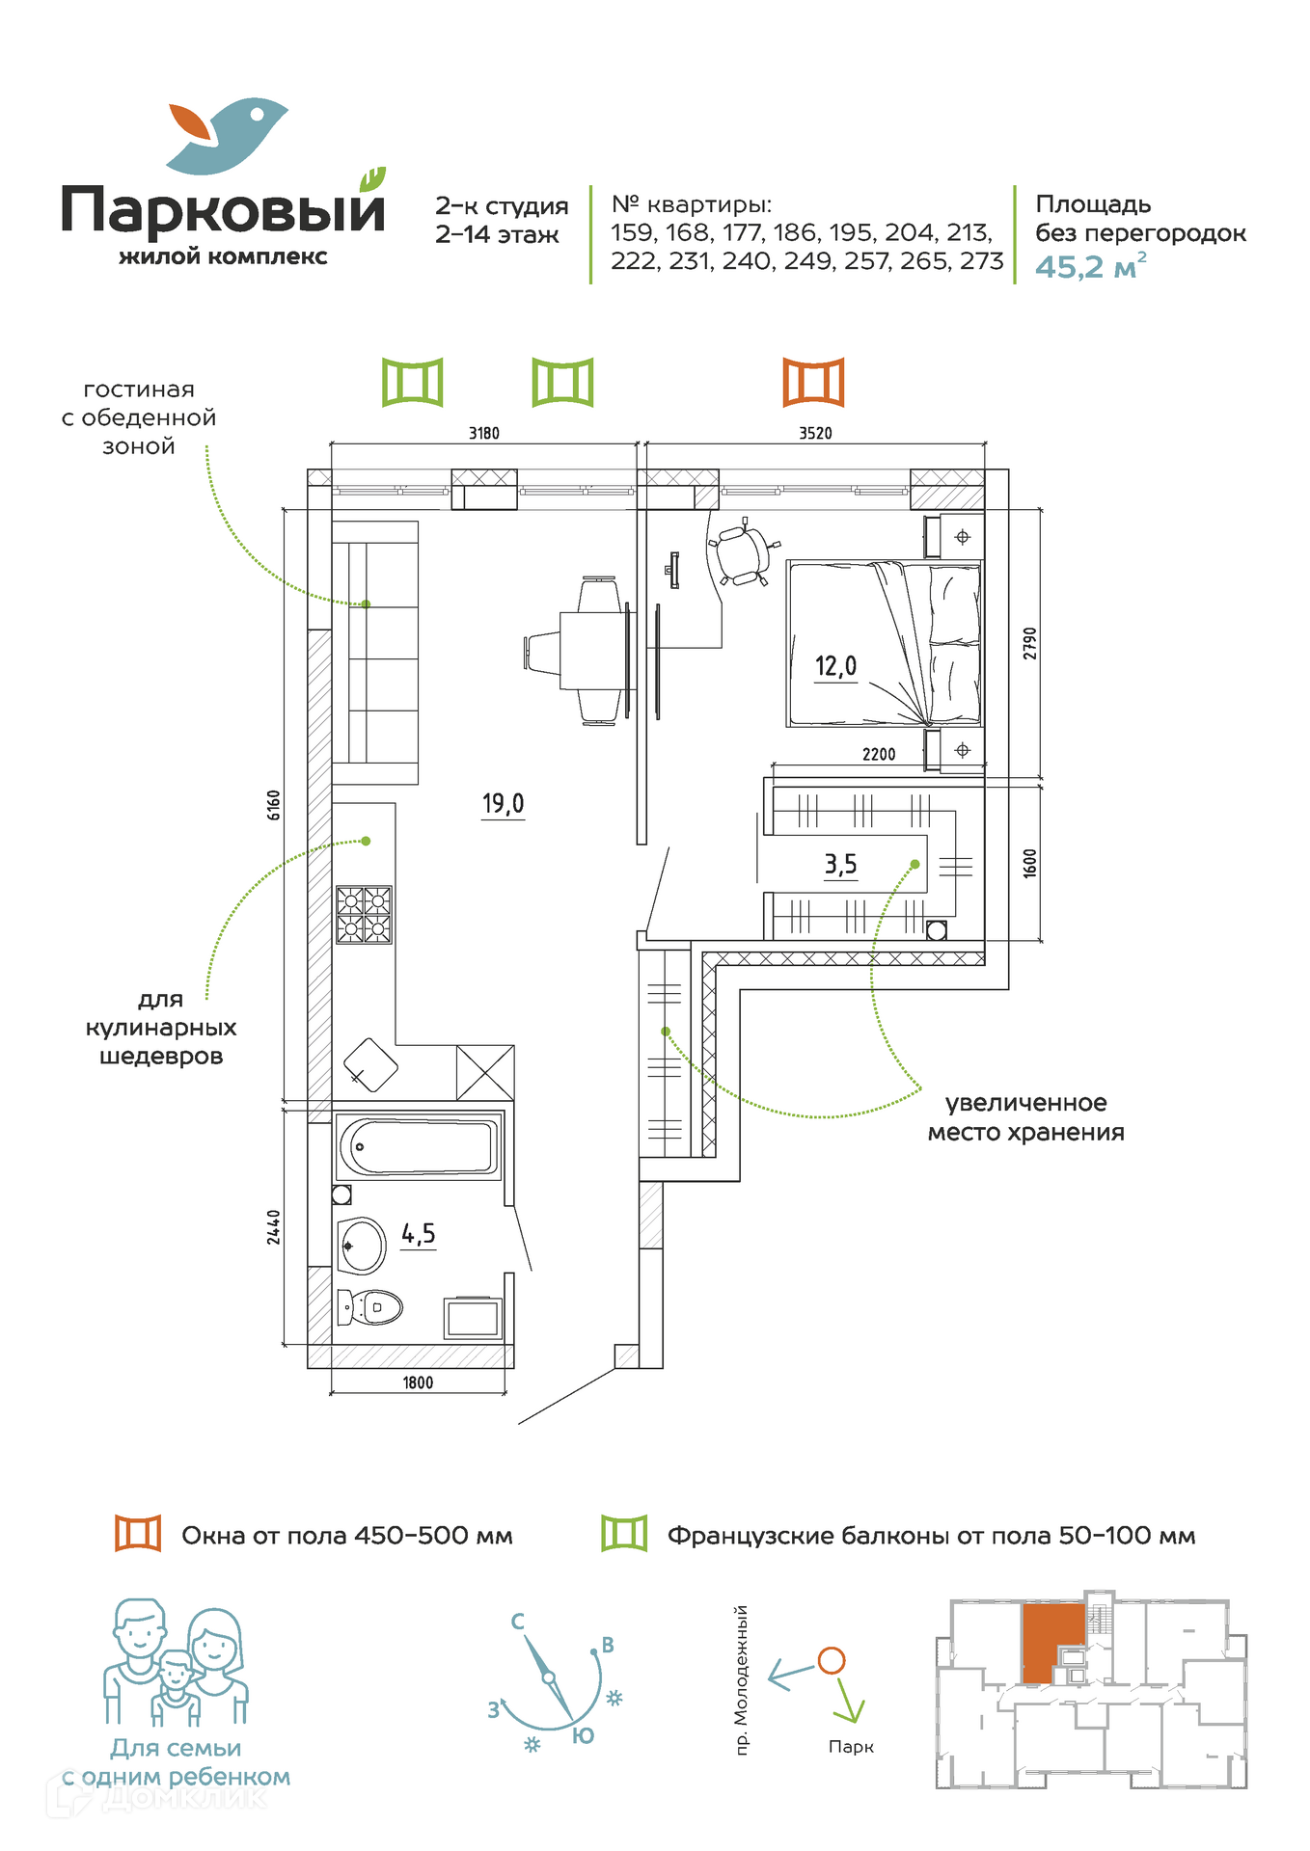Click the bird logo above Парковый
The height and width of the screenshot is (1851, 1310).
pos(228,135)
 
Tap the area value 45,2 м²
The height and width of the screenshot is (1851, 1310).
pos(1090,266)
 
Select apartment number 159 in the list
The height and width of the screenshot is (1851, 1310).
pos(632,233)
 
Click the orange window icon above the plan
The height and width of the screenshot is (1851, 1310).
pos(813,382)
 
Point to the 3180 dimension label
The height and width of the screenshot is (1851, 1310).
pos(484,434)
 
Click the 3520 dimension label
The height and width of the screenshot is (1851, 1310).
pos(815,434)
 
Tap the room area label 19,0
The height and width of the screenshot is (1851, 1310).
pos(503,803)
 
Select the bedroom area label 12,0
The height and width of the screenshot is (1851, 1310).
pos(835,666)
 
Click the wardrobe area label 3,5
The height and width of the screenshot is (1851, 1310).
pos(840,865)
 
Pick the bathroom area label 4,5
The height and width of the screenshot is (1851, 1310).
pos(419,1234)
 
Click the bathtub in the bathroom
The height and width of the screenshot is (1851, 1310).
pos(419,1147)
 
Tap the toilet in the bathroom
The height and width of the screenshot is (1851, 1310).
pos(371,1307)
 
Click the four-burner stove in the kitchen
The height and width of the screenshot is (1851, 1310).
pos(364,914)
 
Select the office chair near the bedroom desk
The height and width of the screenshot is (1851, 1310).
pos(743,552)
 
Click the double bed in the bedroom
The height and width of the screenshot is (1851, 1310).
pos(883,643)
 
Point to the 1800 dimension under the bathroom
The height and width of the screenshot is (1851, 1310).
pos(418,1382)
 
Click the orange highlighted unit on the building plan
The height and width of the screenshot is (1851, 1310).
pos(1053,1641)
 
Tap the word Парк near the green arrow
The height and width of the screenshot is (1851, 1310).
pos(851,1747)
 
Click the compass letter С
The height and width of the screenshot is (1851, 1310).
pos(518,1622)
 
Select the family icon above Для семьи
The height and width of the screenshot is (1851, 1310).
pos(176,1663)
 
